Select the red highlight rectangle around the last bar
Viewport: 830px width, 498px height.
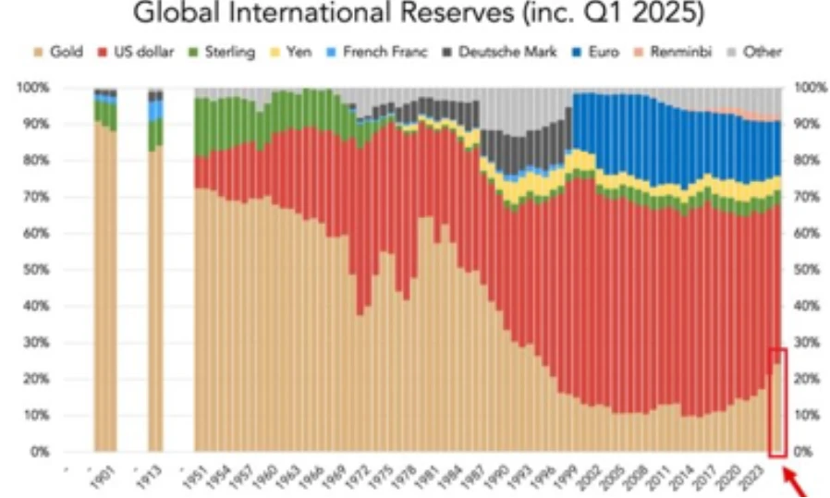tap(777, 403)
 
